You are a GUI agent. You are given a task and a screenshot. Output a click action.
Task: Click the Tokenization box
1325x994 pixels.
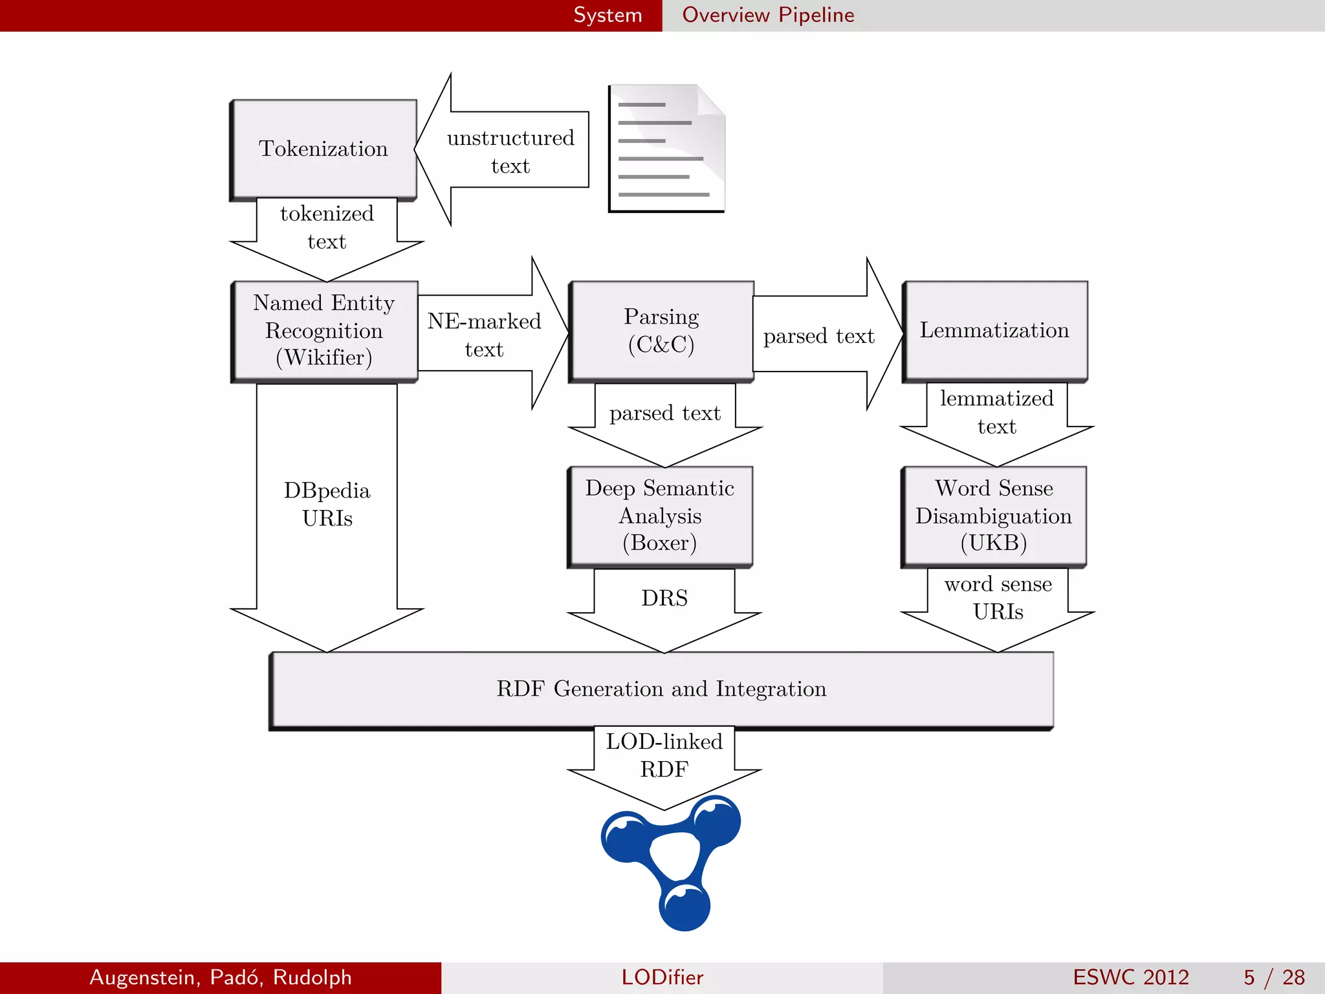pos(323,149)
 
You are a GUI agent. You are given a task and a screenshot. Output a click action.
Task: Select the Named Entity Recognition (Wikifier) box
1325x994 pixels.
pos(324,331)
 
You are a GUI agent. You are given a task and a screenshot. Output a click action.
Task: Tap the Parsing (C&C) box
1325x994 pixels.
pos(661,331)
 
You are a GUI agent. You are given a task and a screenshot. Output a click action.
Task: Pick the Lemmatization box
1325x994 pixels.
pos(994,331)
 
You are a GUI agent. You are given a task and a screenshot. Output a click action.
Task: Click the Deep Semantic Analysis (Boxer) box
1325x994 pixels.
pos(660,516)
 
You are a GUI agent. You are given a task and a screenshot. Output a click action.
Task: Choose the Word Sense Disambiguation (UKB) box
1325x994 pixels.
pos(994,516)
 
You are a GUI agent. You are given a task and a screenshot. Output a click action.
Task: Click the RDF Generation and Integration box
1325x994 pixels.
pos(661,689)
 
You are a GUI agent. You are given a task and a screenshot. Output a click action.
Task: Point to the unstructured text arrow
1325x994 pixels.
pos(510,151)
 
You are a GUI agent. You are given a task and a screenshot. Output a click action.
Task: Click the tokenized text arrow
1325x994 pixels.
pos(327,228)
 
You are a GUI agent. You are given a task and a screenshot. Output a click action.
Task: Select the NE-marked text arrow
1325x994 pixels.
pos(484,335)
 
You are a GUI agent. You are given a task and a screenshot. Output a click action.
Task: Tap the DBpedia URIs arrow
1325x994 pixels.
pos(327,505)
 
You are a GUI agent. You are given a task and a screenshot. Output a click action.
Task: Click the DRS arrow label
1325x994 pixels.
pos(664,598)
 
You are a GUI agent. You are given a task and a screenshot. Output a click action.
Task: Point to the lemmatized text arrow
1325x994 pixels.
pos(997,413)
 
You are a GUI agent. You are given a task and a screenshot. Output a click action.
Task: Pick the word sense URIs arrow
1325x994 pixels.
pos(998,598)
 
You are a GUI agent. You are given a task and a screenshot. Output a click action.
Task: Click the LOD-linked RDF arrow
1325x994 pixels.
pos(664,756)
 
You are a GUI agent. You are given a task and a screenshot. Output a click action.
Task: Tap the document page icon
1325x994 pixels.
pos(666,148)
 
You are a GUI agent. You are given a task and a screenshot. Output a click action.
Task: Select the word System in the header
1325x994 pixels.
pos(608,15)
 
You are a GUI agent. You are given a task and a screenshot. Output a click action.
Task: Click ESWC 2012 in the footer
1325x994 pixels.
pos(1131,977)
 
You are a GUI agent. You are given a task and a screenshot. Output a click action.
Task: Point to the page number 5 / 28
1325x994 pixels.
pos(1274,977)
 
